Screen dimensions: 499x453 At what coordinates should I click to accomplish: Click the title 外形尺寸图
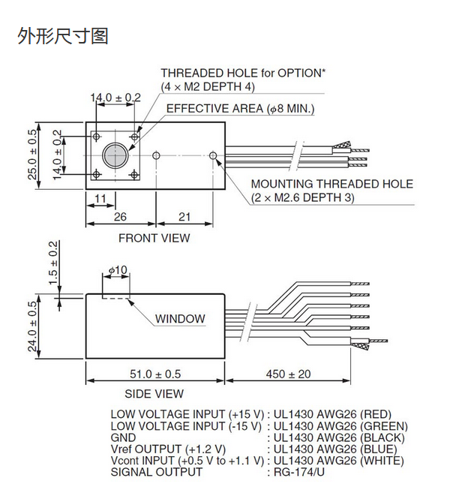pyautogui.click(x=63, y=35)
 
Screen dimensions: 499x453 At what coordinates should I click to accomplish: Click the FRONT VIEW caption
pyautogui.click(x=154, y=239)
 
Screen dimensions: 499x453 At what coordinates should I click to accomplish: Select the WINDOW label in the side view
pyautogui.click(x=180, y=319)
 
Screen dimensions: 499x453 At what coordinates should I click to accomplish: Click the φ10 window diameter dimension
pyautogui.click(x=118, y=270)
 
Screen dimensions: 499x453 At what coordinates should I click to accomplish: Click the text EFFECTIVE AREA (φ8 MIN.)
pyautogui.click(x=240, y=110)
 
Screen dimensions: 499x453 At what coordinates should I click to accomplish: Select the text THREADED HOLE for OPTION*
pyautogui.click(x=243, y=74)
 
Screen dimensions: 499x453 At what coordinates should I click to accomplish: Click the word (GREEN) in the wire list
pyautogui.click(x=386, y=425)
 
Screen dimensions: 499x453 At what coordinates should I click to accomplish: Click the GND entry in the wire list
pyautogui.click(x=123, y=437)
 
